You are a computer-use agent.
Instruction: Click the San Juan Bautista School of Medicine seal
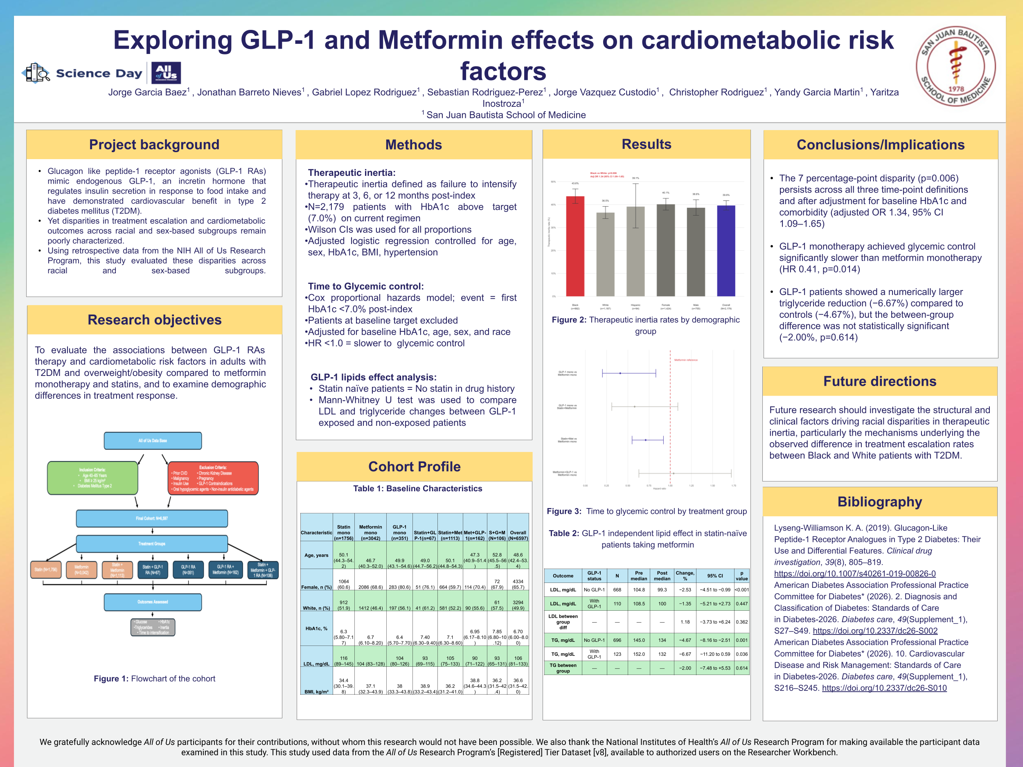[x=955, y=66]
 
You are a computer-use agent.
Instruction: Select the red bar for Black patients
[x=575, y=246]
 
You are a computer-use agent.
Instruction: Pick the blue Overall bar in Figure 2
[x=726, y=251]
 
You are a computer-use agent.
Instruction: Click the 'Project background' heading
[x=154, y=145]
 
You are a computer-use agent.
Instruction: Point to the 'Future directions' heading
[x=879, y=381]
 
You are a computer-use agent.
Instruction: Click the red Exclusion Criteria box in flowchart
[x=213, y=478]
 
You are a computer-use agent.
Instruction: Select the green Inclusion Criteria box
[x=92, y=478]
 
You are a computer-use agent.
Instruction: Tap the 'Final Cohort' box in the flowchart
[x=152, y=518]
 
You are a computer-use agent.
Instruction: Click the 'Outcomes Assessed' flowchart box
[x=153, y=602]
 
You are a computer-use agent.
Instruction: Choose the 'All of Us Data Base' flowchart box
[x=153, y=441]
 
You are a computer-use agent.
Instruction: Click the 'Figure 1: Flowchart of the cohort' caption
[x=154, y=679]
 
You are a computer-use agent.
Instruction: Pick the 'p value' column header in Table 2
[x=741, y=576]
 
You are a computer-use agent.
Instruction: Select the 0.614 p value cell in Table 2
[x=741, y=668]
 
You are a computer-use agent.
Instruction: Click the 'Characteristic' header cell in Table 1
[x=316, y=533]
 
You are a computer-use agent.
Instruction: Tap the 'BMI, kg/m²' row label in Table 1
[x=316, y=692]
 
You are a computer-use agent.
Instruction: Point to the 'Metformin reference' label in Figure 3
[x=685, y=360]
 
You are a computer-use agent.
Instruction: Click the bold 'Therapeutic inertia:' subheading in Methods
[x=352, y=173]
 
